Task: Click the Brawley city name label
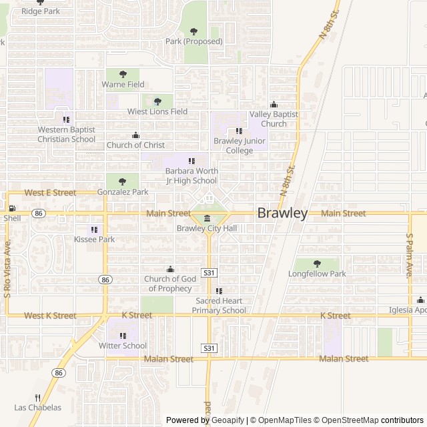tap(283, 213)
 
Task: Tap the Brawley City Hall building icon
tap(207, 219)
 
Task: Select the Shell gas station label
tap(12, 218)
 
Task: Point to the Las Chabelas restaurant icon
tap(37, 398)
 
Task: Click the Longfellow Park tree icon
tap(317, 264)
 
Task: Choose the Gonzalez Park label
tap(122, 192)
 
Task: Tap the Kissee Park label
tap(94, 239)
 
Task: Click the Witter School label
tap(123, 346)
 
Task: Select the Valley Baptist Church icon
tap(273, 105)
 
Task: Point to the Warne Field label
tap(123, 85)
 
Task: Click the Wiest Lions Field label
tap(157, 111)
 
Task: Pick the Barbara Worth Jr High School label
tap(191, 175)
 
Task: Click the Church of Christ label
tap(136, 145)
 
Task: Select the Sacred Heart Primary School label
tap(219, 306)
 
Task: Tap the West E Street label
tap(50, 192)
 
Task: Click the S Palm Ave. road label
tap(410, 256)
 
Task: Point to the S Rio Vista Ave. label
tap(8, 277)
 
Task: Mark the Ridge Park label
tap(40, 11)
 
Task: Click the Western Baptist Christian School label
tap(66, 134)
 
